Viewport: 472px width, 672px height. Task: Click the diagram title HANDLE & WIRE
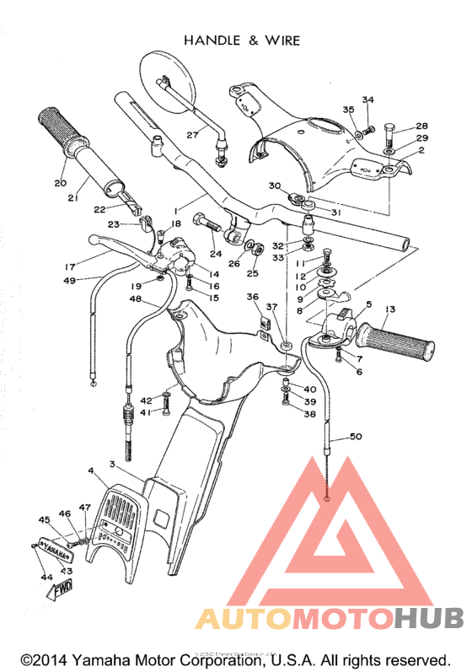click(241, 40)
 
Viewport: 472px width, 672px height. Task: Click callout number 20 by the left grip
click(60, 183)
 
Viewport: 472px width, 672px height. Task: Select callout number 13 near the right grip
click(389, 310)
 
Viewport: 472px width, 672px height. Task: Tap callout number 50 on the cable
click(355, 437)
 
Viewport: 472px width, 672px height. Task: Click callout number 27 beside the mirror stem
click(192, 134)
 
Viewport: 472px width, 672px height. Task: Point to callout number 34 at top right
click(367, 100)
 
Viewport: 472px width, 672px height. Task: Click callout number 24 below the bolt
click(216, 254)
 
